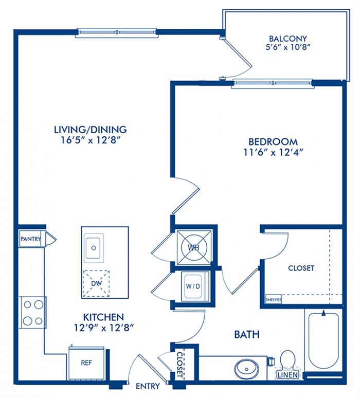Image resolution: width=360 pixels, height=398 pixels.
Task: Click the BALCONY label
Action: (288, 39)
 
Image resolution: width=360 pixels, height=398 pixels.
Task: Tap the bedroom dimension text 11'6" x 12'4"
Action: (274, 152)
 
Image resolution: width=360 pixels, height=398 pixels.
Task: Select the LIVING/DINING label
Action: (91, 130)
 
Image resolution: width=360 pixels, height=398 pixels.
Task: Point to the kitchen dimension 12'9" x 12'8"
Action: (103, 328)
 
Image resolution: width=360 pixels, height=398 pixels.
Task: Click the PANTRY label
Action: (31, 239)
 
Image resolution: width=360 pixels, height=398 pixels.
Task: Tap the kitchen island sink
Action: (94, 248)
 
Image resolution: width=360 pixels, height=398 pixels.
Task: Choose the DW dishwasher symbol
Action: (96, 283)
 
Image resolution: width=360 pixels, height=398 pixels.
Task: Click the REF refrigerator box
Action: (86, 364)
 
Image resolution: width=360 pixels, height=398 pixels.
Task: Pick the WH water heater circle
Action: (194, 247)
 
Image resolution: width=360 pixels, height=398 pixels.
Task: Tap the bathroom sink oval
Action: (247, 368)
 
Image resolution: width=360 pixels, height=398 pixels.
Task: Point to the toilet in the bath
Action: (287, 360)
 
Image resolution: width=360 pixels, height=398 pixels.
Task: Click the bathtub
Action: (323, 341)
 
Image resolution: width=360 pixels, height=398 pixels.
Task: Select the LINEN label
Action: (287, 375)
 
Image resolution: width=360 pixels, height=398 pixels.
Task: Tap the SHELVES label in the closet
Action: (274, 299)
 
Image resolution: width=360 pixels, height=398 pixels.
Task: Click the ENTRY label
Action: (148, 386)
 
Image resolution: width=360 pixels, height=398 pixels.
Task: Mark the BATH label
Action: (246, 335)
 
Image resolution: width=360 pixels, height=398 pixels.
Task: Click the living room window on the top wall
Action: (117, 32)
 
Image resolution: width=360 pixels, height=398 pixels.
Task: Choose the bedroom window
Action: (273, 83)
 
